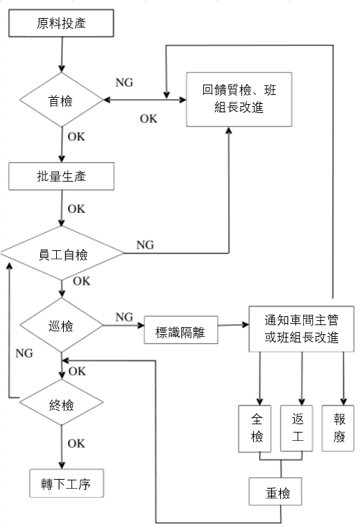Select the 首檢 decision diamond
(x=62, y=101)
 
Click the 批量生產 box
(x=61, y=176)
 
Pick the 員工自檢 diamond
(x=62, y=254)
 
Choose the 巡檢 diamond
(x=62, y=324)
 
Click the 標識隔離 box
(x=180, y=331)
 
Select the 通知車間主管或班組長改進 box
(x=301, y=329)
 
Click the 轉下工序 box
(x=67, y=484)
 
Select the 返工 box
(x=298, y=428)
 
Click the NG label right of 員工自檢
(x=145, y=245)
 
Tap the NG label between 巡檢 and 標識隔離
(x=124, y=317)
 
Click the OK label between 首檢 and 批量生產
(x=76, y=136)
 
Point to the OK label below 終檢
(x=76, y=444)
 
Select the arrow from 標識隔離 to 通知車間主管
(x=232, y=324)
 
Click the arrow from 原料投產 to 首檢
(x=62, y=55)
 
